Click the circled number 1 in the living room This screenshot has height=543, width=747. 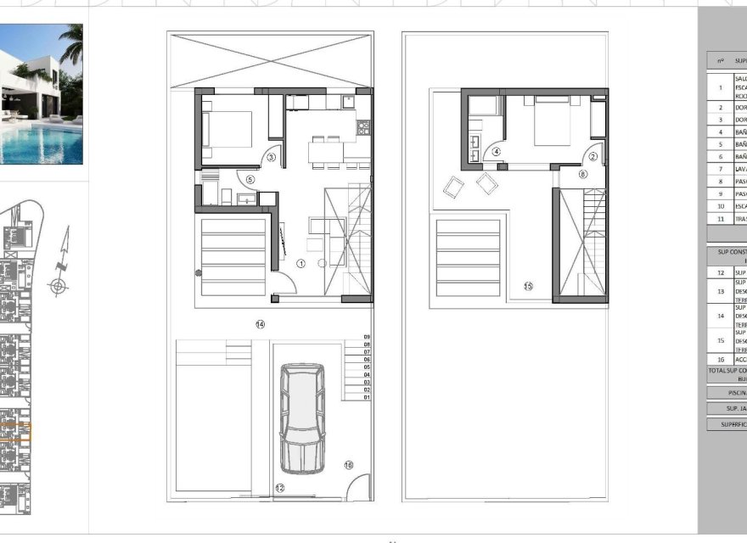pyautogui.click(x=300, y=264)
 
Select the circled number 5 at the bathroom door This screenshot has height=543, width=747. pyautogui.click(x=250, y=179)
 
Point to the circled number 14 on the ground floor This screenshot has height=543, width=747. pyautogui.click(x=260, y=324)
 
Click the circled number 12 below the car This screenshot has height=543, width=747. pyautogui.click(x=279, y=488)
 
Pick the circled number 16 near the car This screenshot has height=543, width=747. pyautogui.click(x=348, y=464)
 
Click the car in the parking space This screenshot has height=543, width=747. pyautogui.click(x=303, y=417)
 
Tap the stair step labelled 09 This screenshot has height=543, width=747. pyautogui.click(x=367, y=338)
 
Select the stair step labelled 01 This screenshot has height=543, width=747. pyautogui.click(x=367, y=397)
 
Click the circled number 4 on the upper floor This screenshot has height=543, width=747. pyautogui.click(x=496, y=153)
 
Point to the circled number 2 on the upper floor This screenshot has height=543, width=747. pyautogui.click(x=593, y=156)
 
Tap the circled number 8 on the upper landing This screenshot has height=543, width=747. pyautogui.click(x=582, y=174)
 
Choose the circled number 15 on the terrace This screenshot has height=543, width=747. pyautogui.click(x=528, y=286)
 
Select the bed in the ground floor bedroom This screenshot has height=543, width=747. pyautogui.click(x=229, y=129)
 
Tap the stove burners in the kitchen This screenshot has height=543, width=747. pyautogui.click(x=363, y=128)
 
